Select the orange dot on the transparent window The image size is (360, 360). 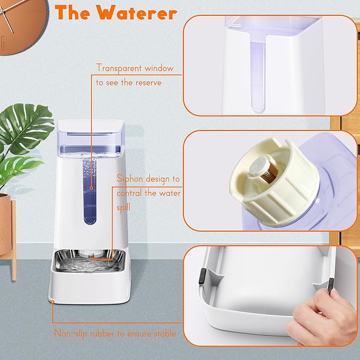click(x=92, y=187)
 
